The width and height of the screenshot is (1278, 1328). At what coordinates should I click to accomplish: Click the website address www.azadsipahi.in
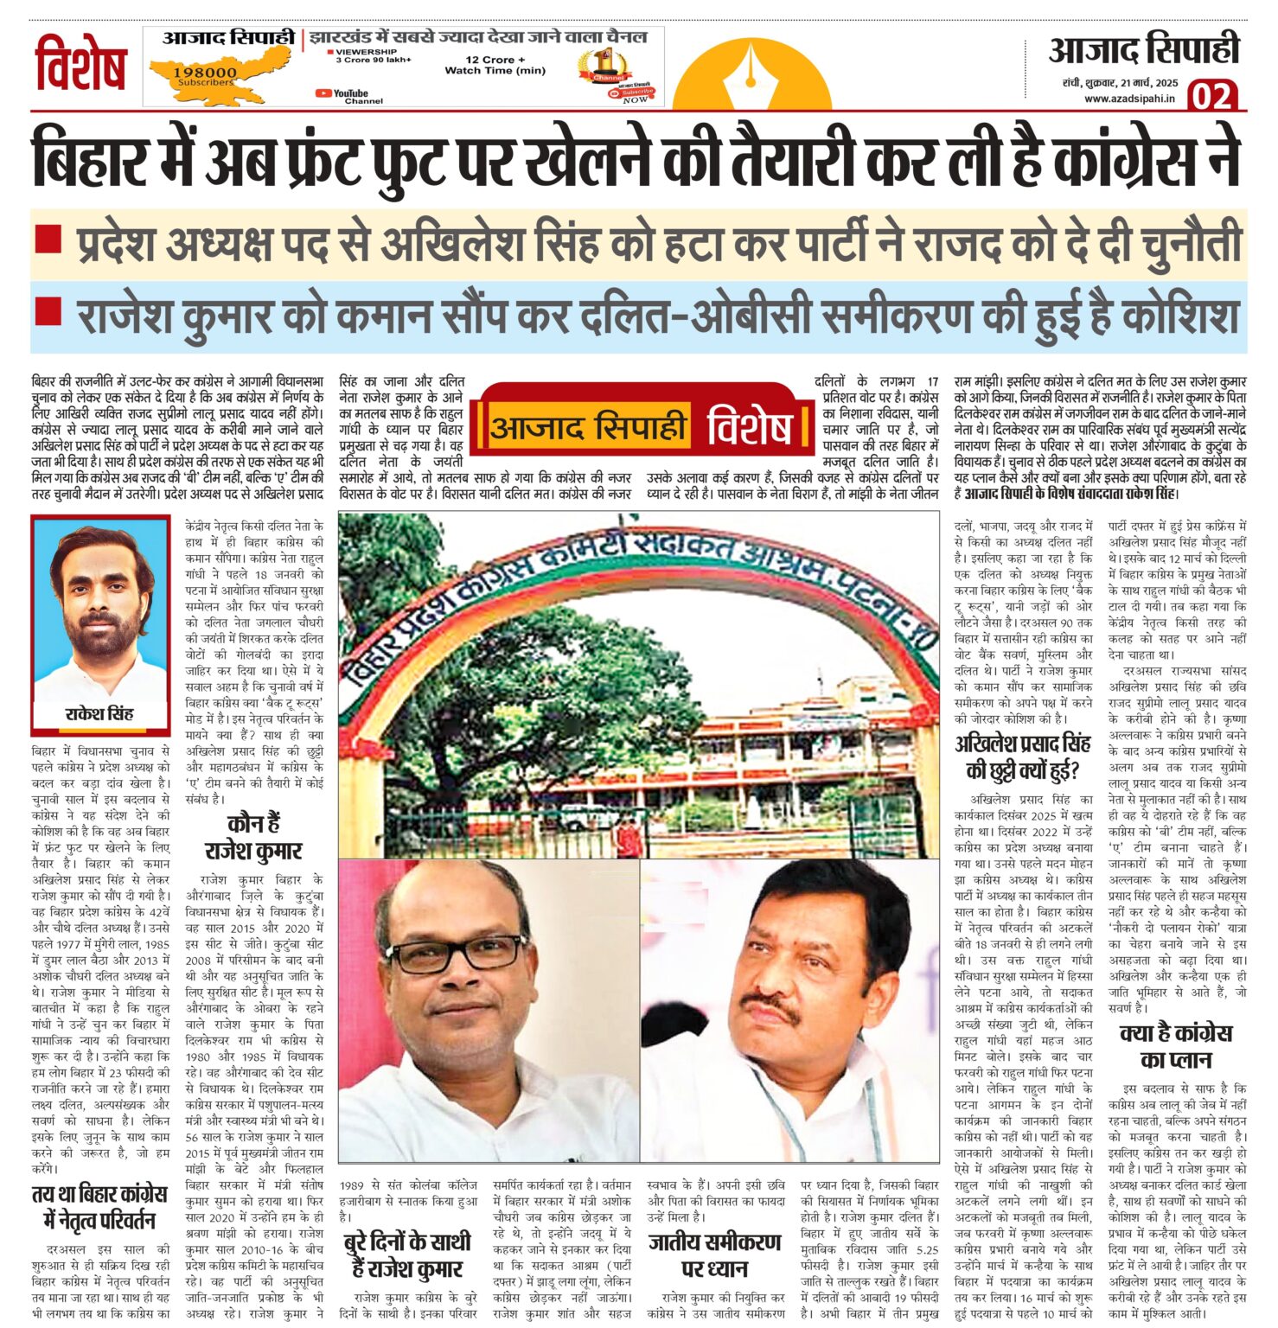point(1129,99)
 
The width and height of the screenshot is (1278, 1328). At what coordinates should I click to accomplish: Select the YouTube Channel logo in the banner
point(342,94)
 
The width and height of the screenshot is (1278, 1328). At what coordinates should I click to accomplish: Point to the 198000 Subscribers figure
point(205,76)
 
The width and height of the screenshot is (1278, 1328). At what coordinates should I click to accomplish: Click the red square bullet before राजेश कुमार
point(48,310)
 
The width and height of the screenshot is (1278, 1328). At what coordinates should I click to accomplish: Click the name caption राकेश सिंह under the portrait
point(99,714)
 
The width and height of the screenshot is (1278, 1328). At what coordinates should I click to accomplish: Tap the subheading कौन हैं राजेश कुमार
point(253,836)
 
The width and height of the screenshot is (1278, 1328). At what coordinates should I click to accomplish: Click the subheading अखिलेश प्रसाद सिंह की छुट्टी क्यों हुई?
point(1022,757)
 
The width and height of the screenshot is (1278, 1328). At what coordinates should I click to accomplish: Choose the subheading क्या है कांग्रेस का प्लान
point(1176,1046)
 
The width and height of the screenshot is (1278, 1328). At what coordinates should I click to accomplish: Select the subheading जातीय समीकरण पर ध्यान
point(714,1255)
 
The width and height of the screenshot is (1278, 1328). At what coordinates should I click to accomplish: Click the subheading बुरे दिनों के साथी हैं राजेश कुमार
point(406,1255)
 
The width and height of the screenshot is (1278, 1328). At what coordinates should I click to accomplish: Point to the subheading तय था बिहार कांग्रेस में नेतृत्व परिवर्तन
point(99,1208)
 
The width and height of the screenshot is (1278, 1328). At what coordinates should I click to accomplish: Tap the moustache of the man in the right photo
point(770,1005)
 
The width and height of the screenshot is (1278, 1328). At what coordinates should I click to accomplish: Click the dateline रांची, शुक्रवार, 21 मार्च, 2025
point(1121,84)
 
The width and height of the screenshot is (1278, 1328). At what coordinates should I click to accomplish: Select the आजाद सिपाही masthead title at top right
point(1143,50)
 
